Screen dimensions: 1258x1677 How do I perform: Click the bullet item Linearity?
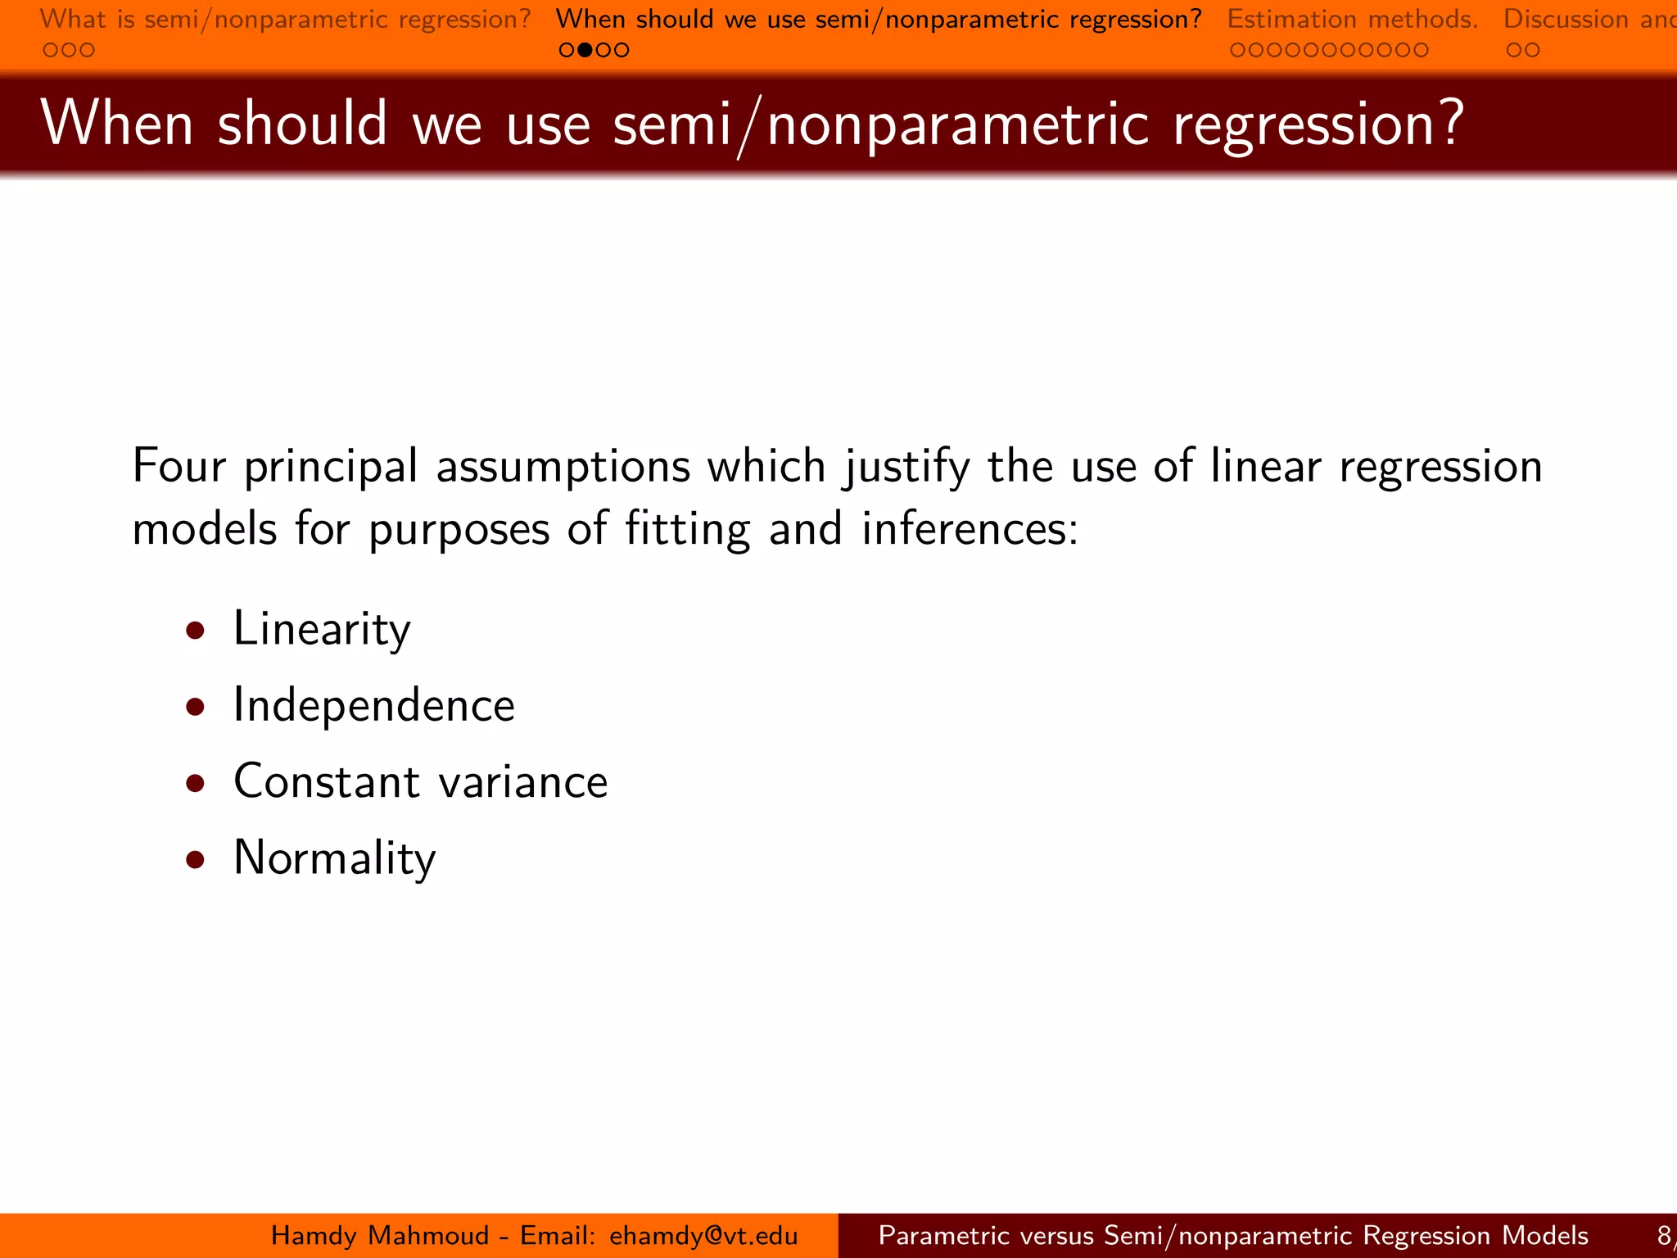(x=322, y=629)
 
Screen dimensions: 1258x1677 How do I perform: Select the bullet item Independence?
(x=374, y=705)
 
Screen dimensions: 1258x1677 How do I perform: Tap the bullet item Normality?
(x=334, y=858)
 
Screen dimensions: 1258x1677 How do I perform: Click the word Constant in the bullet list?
(x=326, y=781)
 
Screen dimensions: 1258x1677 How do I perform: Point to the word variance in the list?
(x=523, y=781)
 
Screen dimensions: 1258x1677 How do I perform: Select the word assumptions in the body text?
(x=563, y=467)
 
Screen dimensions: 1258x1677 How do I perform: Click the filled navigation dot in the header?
(x=585, y=50)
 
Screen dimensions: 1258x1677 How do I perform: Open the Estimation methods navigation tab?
(x=1352, y=19)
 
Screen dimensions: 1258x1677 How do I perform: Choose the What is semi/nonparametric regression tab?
(x=285, y=19)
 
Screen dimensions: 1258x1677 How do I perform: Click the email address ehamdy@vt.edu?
(x=703, y=1235)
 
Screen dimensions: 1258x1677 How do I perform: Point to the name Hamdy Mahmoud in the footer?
(x=380, y=1235)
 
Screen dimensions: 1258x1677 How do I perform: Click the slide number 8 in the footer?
(x=1664, y=1235)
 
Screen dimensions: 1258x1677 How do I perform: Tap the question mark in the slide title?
(x=1450, y=123)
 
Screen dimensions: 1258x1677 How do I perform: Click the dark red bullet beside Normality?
(x=195, y=858)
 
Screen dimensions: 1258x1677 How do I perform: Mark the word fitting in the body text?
(x=687, y=529)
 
